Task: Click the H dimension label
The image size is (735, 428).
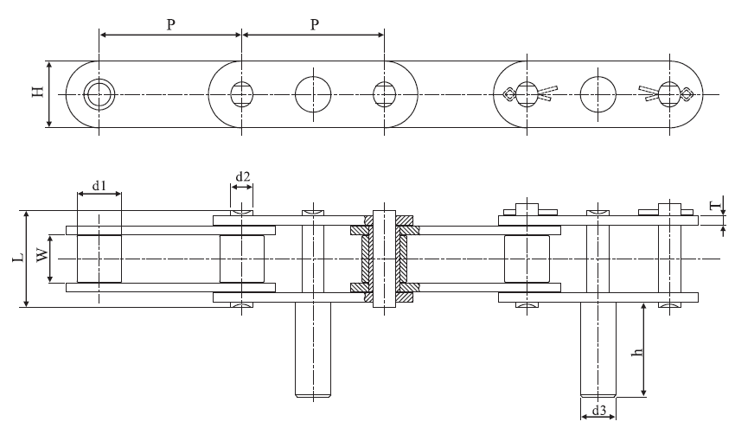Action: (38, 93)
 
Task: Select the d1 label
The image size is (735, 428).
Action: (99, 185)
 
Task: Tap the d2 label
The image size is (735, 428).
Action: (243, 177)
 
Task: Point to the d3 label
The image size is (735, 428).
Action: (598, 408)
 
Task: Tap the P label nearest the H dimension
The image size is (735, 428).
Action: (171, 25)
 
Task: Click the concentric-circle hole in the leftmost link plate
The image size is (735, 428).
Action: (99, 93)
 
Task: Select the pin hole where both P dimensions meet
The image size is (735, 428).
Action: (242, 93)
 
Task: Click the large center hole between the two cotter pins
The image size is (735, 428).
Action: (597, 93)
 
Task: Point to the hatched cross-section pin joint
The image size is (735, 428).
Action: (384, 257)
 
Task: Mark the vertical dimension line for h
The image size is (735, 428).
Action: (644, 350)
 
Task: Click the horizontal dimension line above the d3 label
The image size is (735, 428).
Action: (598, 415)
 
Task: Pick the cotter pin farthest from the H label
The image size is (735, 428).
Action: (668, 93)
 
